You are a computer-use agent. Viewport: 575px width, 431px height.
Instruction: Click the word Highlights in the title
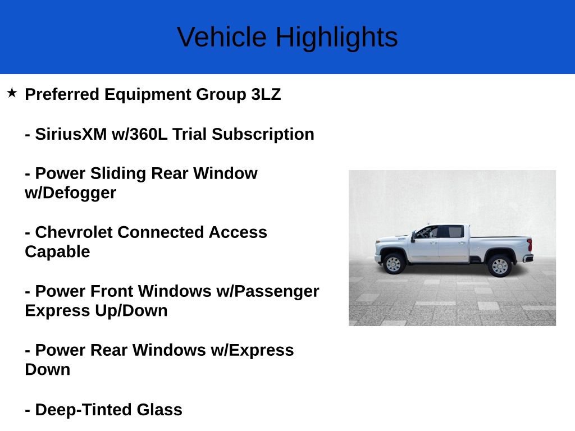336,37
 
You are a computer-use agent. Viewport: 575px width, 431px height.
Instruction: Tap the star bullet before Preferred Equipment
12,93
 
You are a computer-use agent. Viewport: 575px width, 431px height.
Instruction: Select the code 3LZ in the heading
266,94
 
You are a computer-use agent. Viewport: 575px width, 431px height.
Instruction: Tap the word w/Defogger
70,193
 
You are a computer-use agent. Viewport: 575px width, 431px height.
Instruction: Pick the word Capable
57,252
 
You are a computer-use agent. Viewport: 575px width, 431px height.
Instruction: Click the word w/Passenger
275,291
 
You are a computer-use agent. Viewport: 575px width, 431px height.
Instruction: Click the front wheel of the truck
394,264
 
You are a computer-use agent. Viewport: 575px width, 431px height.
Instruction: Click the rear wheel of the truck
499,265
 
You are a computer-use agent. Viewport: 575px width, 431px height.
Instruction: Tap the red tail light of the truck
529,245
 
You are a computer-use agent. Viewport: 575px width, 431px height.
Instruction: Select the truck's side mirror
413,237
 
